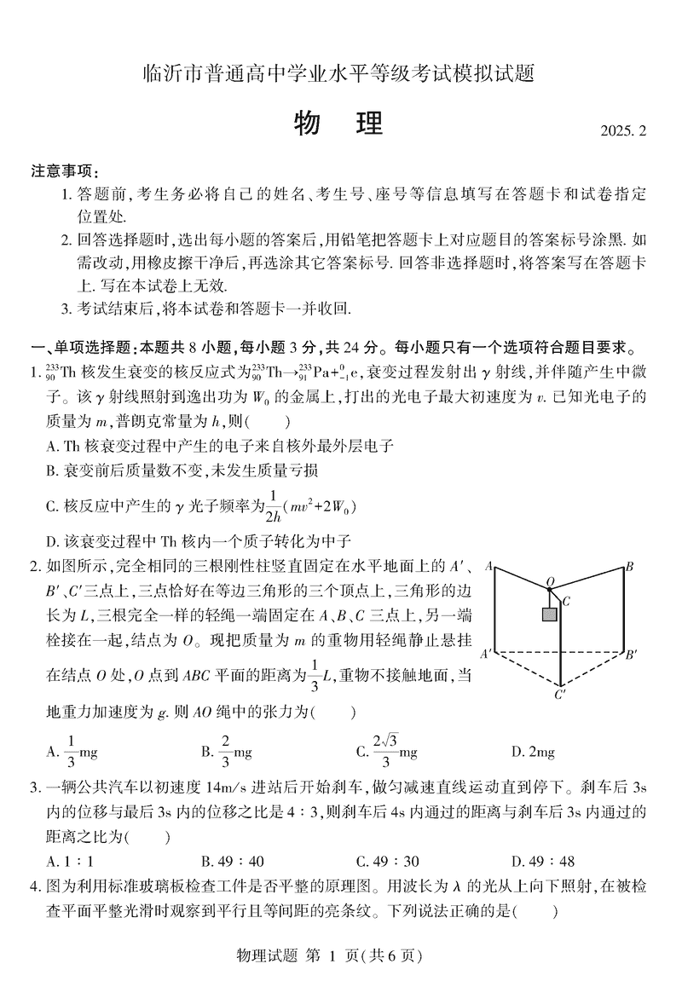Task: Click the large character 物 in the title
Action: click(x=309, y=124)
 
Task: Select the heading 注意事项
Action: click(x=64, y=170)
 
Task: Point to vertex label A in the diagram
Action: click(x=489, y=565)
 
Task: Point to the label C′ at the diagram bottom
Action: click(x=559, y=695)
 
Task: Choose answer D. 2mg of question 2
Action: click(x=533, y=752)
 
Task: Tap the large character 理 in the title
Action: click(x=365, y=124)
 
